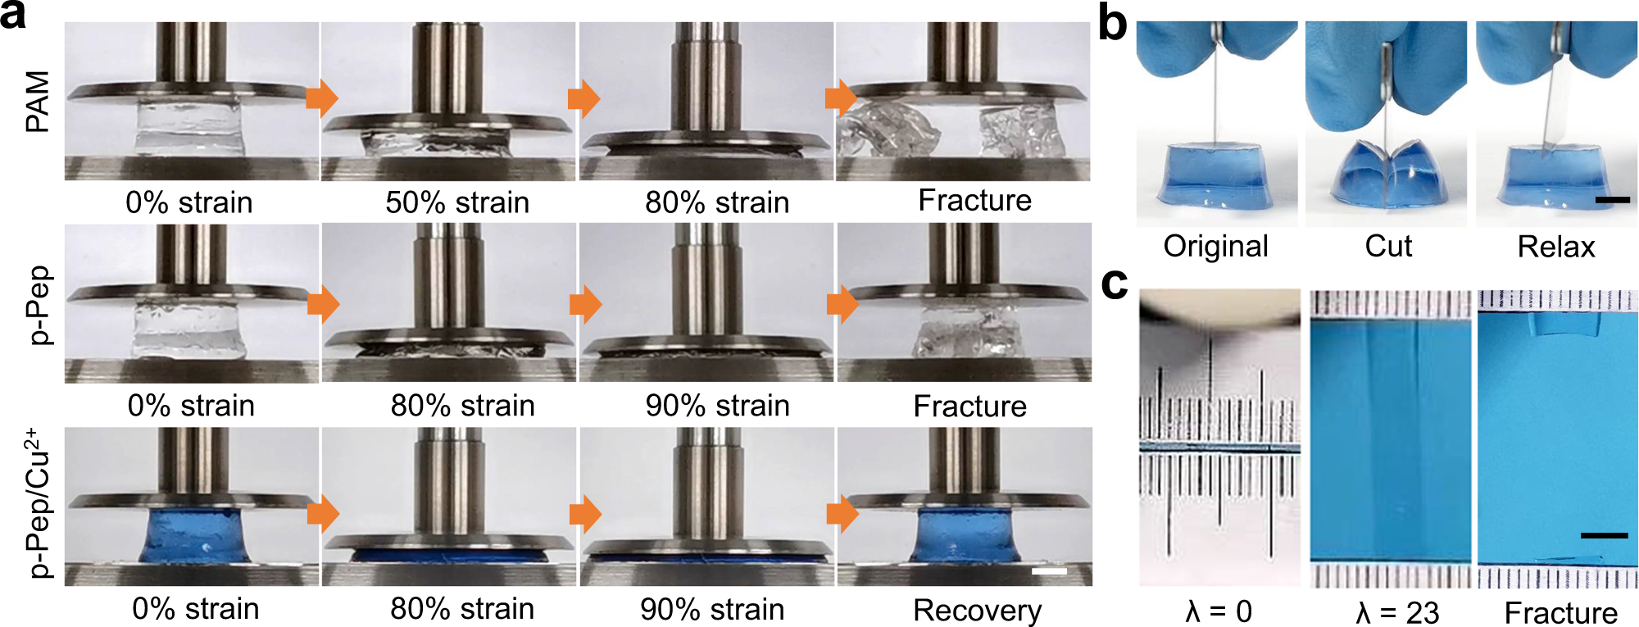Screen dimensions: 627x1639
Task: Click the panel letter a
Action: tap(13, 16)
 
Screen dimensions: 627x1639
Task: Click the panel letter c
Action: tap(1114, 284)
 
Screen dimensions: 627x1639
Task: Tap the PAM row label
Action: tap(38, 102)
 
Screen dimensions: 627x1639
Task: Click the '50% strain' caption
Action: tap(457, 202)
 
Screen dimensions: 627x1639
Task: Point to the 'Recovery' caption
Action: tap(977, 611)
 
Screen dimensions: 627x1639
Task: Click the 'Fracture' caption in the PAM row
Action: tap(974, 201)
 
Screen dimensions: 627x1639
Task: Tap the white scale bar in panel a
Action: tap(1049, 570)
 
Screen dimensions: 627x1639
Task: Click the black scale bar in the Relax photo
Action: tap(1613, 199)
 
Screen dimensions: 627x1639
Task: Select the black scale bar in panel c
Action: tap(1604, 535)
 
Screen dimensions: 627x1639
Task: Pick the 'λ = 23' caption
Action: tap(1397, 613)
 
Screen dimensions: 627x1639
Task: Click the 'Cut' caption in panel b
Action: tap(1388, 247)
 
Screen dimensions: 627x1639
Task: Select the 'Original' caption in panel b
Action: tap(1215, 247)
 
